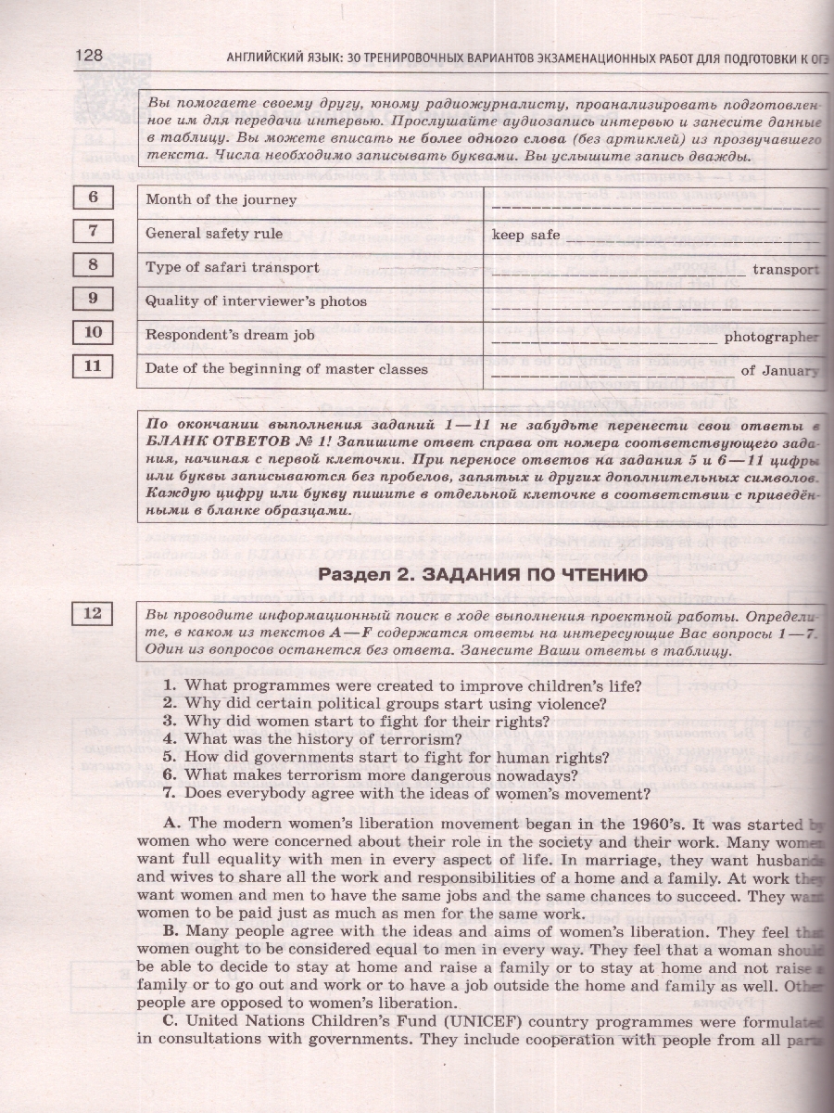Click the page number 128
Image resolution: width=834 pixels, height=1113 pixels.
(89, 55)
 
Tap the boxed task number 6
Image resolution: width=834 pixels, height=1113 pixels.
(93, 198)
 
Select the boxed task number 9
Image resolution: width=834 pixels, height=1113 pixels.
(93, 299)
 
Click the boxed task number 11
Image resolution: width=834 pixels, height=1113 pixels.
(93, 366)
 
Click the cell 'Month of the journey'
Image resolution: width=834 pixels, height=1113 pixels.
(221, 199)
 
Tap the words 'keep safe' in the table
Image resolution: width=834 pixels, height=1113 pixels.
(525, 235)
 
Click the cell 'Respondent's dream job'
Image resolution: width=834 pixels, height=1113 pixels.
(230, 335)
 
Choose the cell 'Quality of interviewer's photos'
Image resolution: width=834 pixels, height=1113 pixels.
(256, 301)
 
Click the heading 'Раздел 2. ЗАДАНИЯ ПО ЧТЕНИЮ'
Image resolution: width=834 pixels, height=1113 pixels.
(483, 575)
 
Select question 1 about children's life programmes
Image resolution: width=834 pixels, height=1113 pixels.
(401, 685)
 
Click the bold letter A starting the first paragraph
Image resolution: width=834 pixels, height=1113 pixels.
(170, 824)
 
